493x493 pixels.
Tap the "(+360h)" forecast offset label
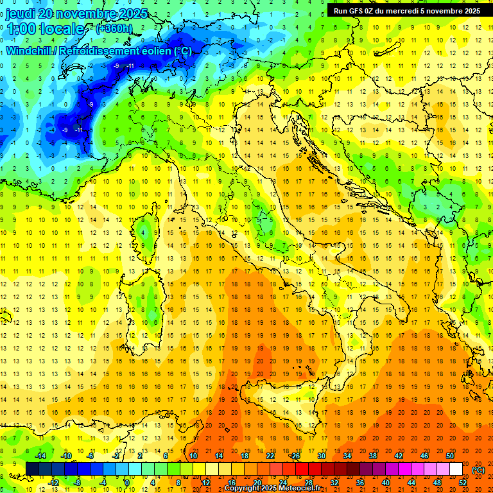pos(114,28)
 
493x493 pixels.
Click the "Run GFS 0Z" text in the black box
pos(354,11)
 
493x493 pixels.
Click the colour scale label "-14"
pos(41,455)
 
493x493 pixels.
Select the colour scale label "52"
pos(462,482)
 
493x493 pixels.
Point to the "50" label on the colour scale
pos(449,455)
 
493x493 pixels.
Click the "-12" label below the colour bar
pos(53,482)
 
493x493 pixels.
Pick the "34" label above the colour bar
pos(347,455)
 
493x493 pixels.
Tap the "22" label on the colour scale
pos(270,455)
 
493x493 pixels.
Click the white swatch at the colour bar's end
pos(456,469)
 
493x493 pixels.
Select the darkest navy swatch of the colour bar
pos(32,469)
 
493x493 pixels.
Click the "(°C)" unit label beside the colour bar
pos(478,469)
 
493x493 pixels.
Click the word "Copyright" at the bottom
pos(241,489)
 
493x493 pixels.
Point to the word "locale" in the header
pos(62,29)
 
